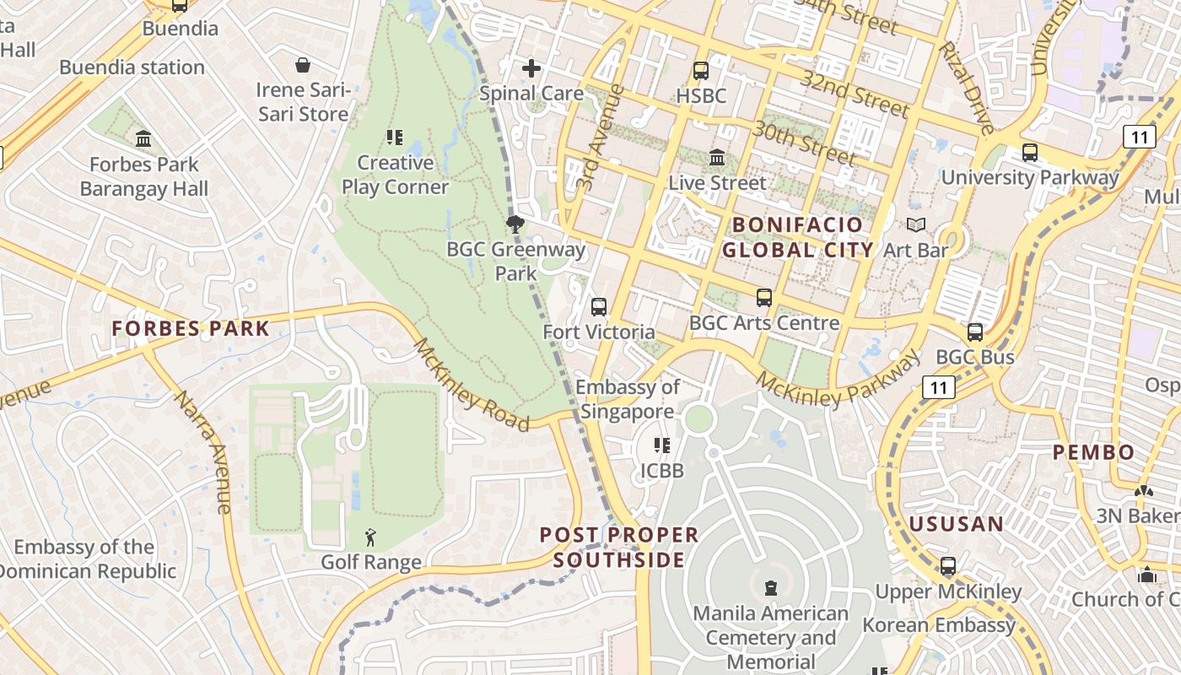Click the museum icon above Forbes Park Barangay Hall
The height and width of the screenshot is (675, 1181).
click(143, 138)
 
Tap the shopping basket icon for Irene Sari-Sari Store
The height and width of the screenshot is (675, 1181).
click(302, 65)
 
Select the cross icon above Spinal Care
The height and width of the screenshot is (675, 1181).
click(531, 68)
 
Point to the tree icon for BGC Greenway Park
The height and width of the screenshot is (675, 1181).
click(515, 224)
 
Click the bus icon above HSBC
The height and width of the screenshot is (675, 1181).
click(700, 71)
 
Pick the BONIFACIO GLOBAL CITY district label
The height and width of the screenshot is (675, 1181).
click(797, 237)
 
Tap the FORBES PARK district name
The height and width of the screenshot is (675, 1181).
click(191, 329)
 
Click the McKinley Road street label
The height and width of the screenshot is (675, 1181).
click(472, 385)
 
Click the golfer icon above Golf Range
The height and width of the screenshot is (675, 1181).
click(370, 537)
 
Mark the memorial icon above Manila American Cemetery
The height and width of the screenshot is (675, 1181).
click(770, 587)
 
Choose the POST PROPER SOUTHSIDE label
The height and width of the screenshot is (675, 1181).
click(619, 547)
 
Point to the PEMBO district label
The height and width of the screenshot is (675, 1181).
click(1093, 452)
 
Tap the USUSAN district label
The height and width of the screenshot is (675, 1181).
click(957, 524)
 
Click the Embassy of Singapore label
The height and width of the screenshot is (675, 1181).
click(628, 399)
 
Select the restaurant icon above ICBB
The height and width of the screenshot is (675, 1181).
click(662, 445)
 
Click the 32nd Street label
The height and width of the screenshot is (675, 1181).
click(855, 93)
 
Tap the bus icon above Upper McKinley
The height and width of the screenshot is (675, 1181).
click(948, 565)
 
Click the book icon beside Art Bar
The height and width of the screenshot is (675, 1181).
click(915, 224)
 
